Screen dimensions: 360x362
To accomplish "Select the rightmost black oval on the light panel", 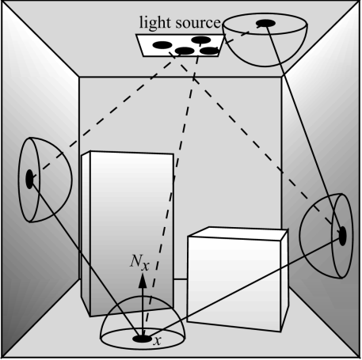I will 210,51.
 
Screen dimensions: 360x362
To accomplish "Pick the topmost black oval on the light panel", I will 200,39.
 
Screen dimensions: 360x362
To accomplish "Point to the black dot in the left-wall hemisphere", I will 30,180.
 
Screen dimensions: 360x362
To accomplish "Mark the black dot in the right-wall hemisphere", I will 343,234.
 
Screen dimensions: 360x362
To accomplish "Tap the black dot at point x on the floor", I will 143,338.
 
